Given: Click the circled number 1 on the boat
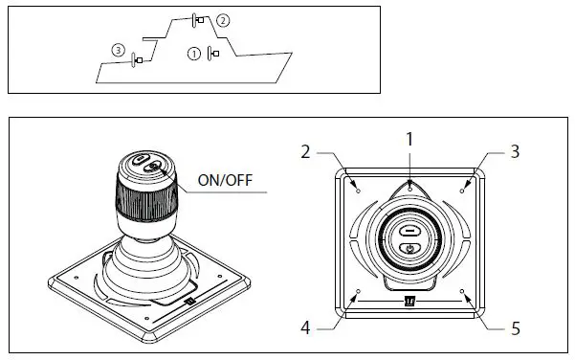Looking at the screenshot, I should pyautogui.click(x=195, y=54).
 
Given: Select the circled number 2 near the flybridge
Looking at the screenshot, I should pyautogui.click(x=223, y=19).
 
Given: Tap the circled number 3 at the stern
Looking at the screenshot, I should pyautogui.click(x=118, y=49).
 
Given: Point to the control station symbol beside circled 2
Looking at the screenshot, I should pyautogui.click(x=197, y=19).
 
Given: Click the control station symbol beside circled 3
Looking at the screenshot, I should pyautogui.click(x=136, y=60).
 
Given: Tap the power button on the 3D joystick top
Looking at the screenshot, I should pyautogui.click(x=156, y=167).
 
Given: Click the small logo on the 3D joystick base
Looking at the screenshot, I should pyautogui.click(x=190, y=303).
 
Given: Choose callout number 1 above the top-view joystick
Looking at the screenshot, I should pyautogui.click(x=409, y=139).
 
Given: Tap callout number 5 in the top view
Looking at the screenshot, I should pyautogui.click(x=515, y=328).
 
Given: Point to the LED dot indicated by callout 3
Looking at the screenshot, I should pyautogui.click(x=462, y=191).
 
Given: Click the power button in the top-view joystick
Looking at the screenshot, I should pyautogui.click(x=409, y=249).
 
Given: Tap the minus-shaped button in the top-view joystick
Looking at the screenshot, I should pyautogui.click(x=409, y=230).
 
